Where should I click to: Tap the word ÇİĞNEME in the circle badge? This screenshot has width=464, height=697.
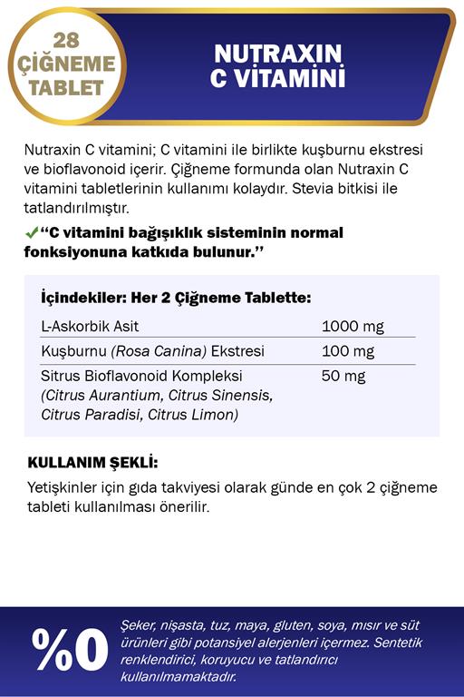pos(66,64)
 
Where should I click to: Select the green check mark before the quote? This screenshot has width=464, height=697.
pos(31,233)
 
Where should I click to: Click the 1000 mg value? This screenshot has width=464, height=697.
pos(353,327)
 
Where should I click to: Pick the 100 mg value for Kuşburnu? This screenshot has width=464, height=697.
pos(348,351)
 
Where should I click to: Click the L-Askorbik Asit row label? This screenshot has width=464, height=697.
pos(90,327)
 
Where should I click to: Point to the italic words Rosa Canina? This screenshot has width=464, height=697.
pos(159,351)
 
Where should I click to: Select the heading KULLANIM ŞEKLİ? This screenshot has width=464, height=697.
pos(92,462)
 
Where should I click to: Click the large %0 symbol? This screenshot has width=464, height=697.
pos(70,649)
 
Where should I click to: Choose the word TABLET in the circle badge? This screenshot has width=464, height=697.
pos(66,88)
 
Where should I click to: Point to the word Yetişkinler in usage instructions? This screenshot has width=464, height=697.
pos(65,487)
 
